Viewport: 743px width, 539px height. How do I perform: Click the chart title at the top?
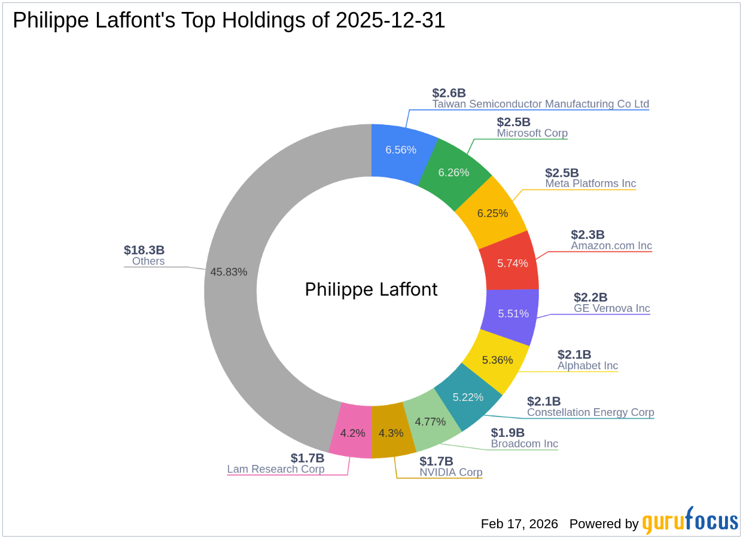click(229, 20)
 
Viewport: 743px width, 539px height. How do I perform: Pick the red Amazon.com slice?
click(512, 263)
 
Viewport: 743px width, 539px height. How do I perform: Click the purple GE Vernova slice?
click(513, 313)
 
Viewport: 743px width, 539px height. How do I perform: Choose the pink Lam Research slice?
click(352, 433)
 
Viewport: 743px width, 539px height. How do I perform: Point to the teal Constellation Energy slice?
click(468, 397)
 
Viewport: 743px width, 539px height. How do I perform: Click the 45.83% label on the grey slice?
click(229, 272)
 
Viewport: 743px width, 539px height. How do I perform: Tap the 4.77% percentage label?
click(430, 422)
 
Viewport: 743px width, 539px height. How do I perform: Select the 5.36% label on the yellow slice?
click(498, 360)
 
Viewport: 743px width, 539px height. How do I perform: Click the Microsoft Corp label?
click(532, 133)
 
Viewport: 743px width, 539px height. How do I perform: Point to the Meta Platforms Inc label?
click(590, 183)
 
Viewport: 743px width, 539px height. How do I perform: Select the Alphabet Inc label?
click(587, 366)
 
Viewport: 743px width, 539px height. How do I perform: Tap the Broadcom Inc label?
click(524, 444)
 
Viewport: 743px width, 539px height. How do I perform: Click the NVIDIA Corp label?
click(450, 473)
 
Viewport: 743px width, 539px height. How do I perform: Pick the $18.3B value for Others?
click(144, 250)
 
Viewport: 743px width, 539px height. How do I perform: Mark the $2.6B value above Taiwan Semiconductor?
click(449, 93)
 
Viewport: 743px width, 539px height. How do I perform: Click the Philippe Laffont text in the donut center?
click(371, 290)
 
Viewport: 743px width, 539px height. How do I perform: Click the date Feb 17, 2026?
click(519, 524)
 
